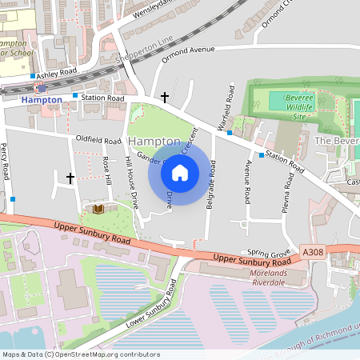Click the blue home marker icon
click(x=180, y=172)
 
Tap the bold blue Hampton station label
click(x=42, y=99)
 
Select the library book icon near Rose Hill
click(x=98, y=209)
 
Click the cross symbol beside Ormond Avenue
click(x=165, y=98)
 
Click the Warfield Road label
click(x=231, y=105)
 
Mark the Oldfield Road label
click(x=97, y=138)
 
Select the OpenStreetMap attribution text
click(x=81, y=354)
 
